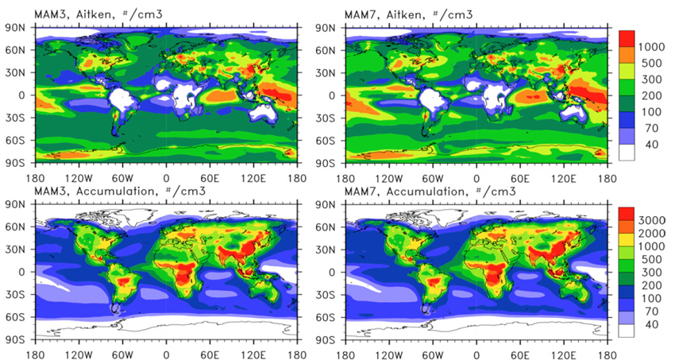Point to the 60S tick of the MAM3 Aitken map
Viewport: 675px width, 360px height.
coord(18,140)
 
